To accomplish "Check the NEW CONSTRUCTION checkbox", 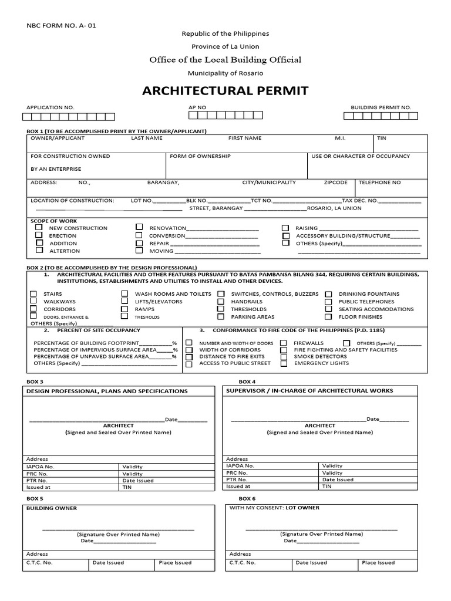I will pyautogui.click(x=39, y=227).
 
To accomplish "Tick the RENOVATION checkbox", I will pyautogui.click(x=139, y=227).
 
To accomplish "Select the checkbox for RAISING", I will pyautogui.click(x=285, y=228).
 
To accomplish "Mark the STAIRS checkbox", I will pyautogui.click(x=33, y=293).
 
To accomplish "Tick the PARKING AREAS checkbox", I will pyautogui.click(x=220, y=316).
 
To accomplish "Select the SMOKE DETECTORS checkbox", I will pyautogui.click(x=284, y=356).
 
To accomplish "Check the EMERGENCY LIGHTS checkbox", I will pyautogui.click(x=284, y=363).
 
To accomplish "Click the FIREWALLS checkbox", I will pyautogui.click(x=284, y=343).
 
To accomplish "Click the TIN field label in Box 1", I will pyautogui.click(x=382, y=138).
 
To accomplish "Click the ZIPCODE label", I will pyautogui.click(x=336, y=183).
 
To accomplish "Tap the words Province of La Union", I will pyautogui.click(x=225, y=46).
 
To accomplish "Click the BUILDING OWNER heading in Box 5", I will pyautogui.click(x=52, y=508).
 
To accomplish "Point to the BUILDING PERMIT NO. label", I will pyautogui.click(x=381, y=108).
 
